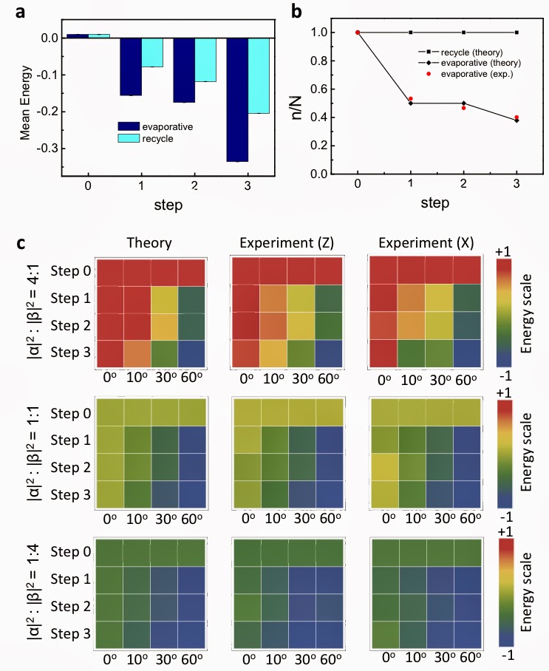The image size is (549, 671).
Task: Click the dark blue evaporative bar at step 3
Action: tap(237, 100)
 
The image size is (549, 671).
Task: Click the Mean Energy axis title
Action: tap(25, 101)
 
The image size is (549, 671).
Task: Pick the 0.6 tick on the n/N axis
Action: tap(319, 89)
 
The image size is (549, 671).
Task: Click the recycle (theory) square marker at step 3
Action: tap(516, 33)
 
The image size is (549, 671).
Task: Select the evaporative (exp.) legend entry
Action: tap(473, 75)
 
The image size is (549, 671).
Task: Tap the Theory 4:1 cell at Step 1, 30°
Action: tap(164, 299)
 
